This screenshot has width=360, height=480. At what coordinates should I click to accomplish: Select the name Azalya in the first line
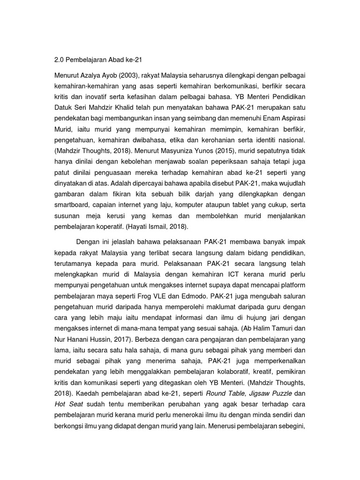[x=95, y=76]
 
